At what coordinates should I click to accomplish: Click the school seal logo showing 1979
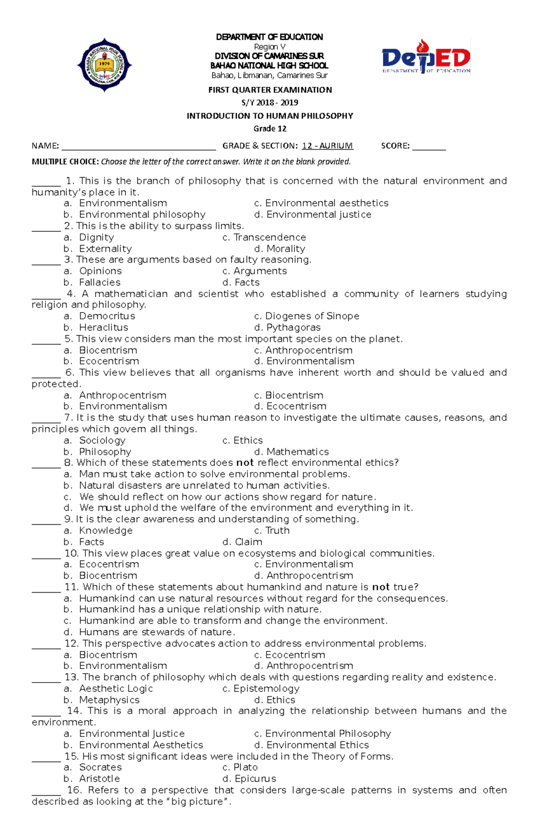point(104,65)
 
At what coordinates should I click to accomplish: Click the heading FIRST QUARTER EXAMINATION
point(270,90)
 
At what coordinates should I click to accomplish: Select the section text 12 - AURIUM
point(327,146)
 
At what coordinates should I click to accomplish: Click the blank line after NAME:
point(139,147)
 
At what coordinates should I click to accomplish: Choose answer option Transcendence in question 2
point(269,237)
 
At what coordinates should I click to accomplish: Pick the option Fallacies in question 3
point(99,282)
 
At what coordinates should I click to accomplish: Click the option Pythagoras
point(293,327)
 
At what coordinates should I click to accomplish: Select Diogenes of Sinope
point(312,316)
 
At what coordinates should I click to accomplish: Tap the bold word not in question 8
point(245,463)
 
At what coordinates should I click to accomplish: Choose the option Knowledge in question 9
point(106,531)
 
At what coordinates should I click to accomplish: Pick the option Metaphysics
point(109,700)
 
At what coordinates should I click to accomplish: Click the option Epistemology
point(266,689)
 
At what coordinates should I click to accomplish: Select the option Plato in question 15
point(245,767)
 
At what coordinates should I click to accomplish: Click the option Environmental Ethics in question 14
point(317,745)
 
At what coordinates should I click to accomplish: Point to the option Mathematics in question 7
point(297,452)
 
